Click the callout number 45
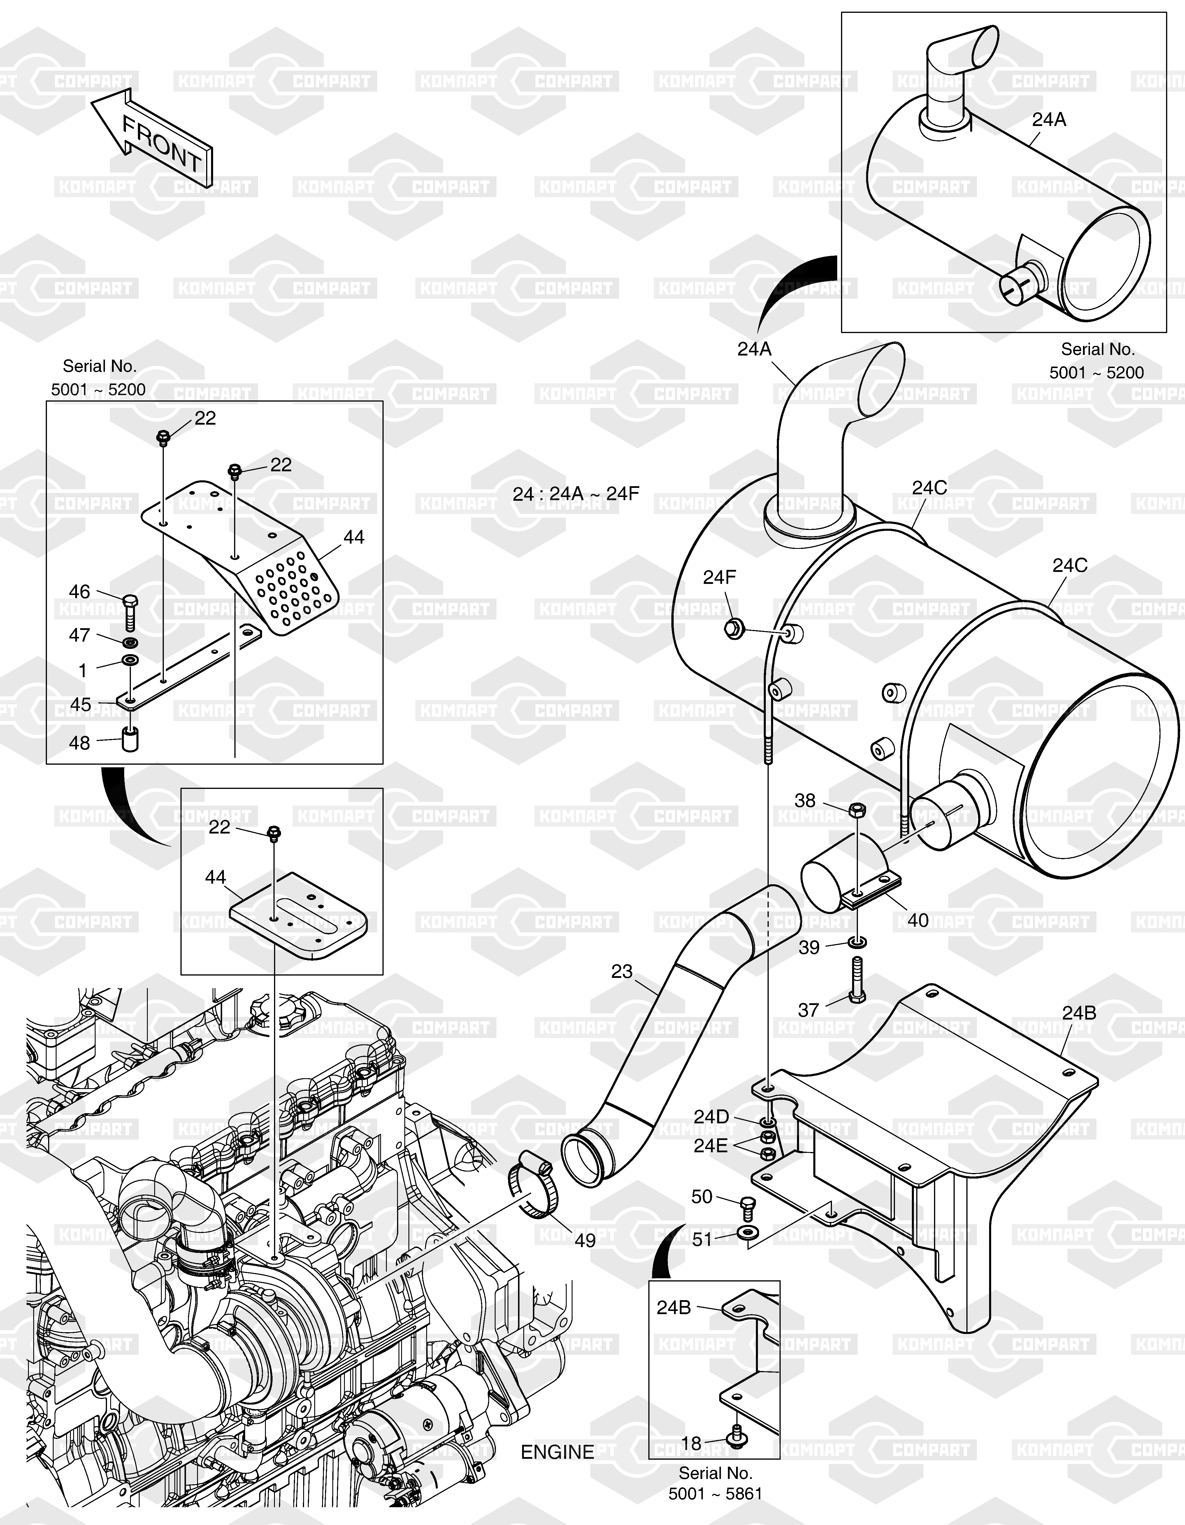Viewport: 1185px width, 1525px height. (81, 704)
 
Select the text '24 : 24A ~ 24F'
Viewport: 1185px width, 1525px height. (576, 494)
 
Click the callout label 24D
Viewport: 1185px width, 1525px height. (711, 1116)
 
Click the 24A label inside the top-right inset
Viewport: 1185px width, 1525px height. (1049, 119)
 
